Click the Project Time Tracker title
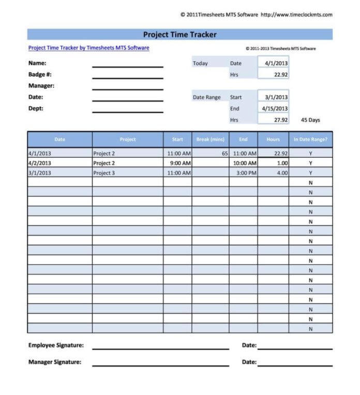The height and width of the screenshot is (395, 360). pyautogui.click(x=179, y=35)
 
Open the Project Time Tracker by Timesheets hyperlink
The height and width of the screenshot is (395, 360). pyautogui.click(x=88, y=48)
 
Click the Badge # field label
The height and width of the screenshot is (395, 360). pyautogui.click(x=40, y=75)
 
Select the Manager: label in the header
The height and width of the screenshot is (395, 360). pyautogui.click(x=41, y=86)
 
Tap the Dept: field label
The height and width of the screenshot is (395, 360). pyautogui.click(x=36, y=109)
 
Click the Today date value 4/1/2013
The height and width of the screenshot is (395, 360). pyautogui.click(x=276, y=63)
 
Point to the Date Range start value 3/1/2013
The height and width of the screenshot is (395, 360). pyautogui.click(x=276, y=97)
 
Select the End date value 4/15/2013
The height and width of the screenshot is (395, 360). pyautogui.click(x=275, y=109)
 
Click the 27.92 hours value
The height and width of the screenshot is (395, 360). pyautogui.click(x=280, y=120)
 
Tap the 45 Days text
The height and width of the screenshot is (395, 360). pyautogui.click(x=310, y=120)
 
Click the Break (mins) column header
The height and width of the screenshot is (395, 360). pyautogui.click(x=210, y=139)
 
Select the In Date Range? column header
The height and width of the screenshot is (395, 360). pyautogui.click(x=310, y=139)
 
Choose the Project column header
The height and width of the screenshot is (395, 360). pyautogui.click(x=128, y=139)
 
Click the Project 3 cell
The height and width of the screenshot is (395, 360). pyautogui.click(x=104, y=173)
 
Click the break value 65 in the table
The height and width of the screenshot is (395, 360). pyautogui.click(x=224, y=154)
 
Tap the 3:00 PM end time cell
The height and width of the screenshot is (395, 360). pyautogui.click(x=246, y=173)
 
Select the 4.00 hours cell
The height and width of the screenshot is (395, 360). pyautogui.click(x=282, y=173)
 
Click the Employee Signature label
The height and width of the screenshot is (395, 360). pyautogui.click(x=56, y=345)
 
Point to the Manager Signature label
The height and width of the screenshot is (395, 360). pyautogui.click(x=54, y=362)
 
